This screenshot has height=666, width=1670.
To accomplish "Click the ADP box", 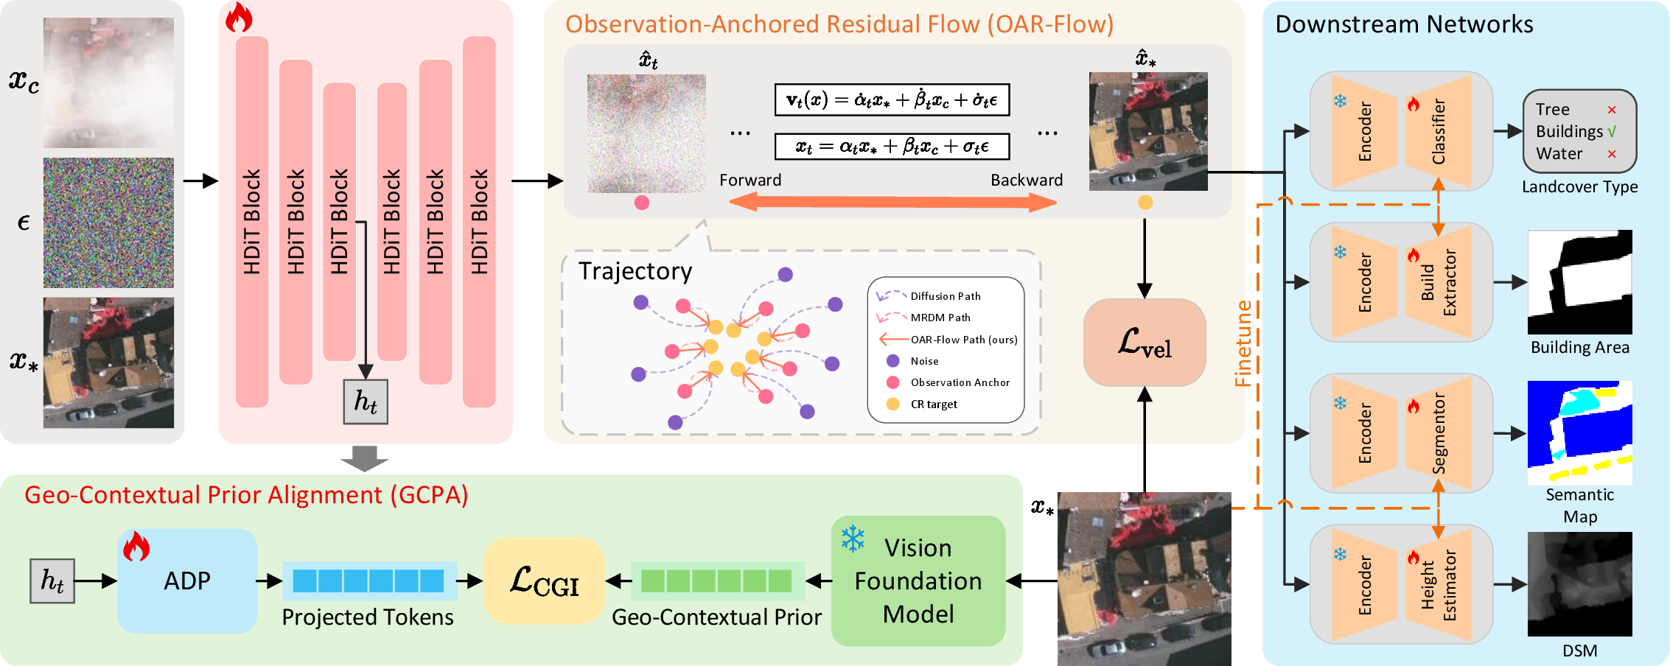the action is coord(187,581).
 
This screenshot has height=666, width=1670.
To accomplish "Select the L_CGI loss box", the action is coord(544,581).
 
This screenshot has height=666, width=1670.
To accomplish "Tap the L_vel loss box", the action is coord(1145,343).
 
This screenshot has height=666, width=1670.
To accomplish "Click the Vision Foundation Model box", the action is coord(918,581).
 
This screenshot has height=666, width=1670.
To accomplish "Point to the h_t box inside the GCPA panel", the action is coord(52,581).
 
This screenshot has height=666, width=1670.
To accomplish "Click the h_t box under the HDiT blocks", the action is coord(366,402).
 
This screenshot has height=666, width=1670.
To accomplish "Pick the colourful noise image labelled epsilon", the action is coord(108,222).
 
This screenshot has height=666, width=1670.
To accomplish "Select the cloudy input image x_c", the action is coord(108,83).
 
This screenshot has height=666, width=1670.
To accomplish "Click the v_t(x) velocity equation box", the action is coord(892,99).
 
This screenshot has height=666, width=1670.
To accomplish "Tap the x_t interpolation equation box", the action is coord(892,146).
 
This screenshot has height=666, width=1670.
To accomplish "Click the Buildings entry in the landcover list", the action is coord(1570,131).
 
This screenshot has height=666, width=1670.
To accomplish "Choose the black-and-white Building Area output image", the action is coord(1580,282).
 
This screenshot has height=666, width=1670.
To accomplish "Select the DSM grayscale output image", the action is coord(1580,584).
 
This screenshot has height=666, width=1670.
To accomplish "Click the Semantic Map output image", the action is coord(1580,433).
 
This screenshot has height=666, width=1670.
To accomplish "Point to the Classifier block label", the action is coord(1439,131).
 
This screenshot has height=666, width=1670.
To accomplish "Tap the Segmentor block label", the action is coord(1439,433).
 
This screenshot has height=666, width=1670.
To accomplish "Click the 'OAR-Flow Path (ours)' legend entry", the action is coord(964,340).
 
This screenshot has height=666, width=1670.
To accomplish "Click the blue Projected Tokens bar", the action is coord(368,581).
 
